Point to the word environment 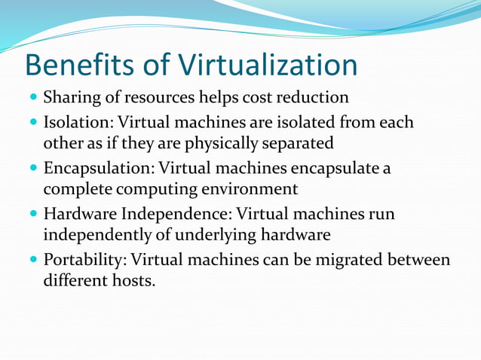[x=253, y=189]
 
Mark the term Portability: [x=84, y=261]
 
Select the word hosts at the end [x=136, y=283]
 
